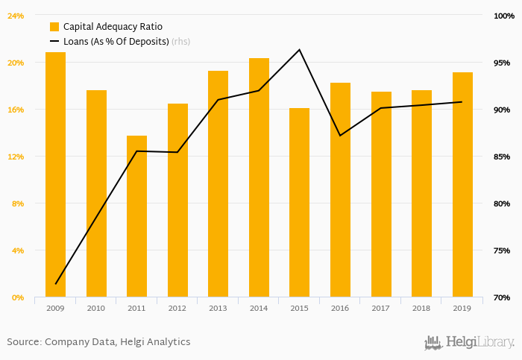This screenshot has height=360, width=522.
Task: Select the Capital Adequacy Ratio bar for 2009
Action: click(55, 174)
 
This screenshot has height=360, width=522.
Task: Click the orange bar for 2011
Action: click(136, 216)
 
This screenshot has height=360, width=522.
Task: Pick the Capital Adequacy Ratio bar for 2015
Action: click(299, 203)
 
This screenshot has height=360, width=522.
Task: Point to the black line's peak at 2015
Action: click(299, 50)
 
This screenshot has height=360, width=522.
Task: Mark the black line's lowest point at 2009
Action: click(56, 284)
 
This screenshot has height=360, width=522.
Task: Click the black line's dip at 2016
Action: click(340, 136)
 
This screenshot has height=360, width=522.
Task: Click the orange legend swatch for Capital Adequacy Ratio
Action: click(54, 27)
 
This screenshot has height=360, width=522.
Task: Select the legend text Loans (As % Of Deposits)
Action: click(116, 42)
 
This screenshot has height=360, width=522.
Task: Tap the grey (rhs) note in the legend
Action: click(180, 42)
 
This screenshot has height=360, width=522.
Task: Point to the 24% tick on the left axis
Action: click(16, 16)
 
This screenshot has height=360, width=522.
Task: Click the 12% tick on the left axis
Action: click(16, 157)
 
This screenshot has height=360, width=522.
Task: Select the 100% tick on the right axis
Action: click(502, 16)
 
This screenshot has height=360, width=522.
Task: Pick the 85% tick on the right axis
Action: click(502, 157)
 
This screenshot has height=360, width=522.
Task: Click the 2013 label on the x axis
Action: click(218, 308)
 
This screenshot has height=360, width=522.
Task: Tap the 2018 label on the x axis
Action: click(421, 308)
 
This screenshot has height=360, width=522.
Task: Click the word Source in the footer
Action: click(23, 342)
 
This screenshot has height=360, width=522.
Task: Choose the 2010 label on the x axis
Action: click(96, 308)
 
